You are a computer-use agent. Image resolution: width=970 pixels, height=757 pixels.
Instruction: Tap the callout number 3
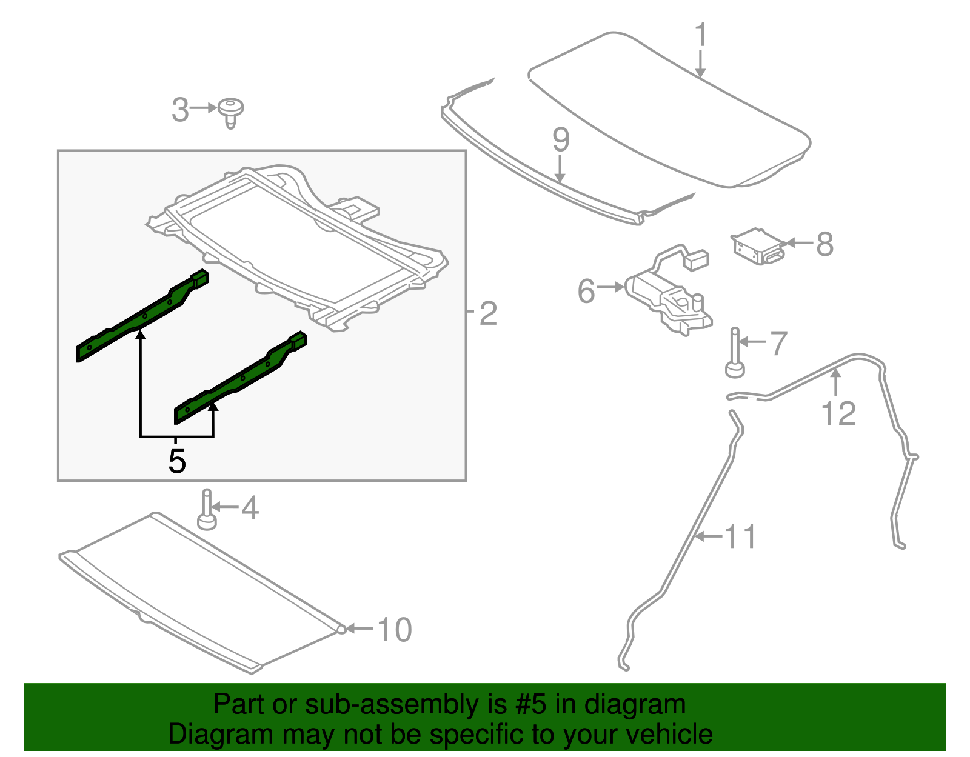pos(180,110)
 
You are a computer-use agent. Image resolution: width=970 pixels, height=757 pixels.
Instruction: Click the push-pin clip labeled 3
pos(230,112)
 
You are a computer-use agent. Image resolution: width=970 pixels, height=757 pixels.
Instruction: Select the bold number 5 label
pos(176,461)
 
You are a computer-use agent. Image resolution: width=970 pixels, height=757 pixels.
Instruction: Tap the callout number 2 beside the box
pos(488,313)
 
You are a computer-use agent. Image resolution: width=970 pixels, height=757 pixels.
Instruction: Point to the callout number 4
pos(250,508)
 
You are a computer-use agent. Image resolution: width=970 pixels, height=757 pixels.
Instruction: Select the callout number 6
pos(586,291)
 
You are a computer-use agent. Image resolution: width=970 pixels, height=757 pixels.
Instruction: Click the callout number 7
pos(778,343)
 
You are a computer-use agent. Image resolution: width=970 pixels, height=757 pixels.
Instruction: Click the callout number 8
pos(824,244)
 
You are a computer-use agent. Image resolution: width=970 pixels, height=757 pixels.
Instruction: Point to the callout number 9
pos(561,141)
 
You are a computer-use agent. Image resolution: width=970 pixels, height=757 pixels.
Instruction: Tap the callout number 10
pos(395,630)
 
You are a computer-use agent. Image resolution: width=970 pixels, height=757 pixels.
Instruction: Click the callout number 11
pos(740,537)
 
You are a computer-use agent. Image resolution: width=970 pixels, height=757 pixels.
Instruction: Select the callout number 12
pos(838,414)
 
